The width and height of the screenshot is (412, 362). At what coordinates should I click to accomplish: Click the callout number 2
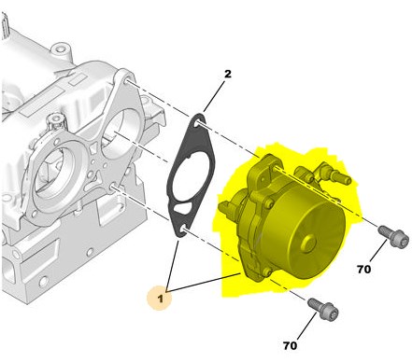[228, 74]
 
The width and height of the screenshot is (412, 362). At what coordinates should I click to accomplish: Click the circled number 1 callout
[160, 299]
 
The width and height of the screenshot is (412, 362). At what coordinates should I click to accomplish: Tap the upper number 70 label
[363, 269]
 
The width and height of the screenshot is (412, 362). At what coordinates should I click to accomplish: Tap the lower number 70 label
[290, 345]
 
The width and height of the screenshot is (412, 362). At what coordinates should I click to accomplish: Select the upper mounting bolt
[393, 237]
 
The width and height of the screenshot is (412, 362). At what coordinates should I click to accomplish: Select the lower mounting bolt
[323, 310]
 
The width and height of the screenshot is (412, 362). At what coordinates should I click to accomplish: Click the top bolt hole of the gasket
[197, 124]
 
